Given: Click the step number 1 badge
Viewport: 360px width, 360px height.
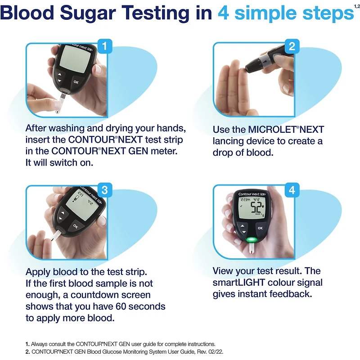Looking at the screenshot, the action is (x=105, y=46).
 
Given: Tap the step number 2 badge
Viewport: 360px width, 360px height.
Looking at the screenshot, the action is (x=292, y=46).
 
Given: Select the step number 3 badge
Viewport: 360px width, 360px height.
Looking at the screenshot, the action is (x=105, y=190).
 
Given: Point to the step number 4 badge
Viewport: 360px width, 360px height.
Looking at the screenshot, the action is (x=292, y=190).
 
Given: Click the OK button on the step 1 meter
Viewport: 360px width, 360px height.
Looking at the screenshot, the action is (x=76, y=82).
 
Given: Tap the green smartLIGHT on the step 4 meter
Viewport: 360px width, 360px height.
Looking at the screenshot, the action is (x=252, y=240).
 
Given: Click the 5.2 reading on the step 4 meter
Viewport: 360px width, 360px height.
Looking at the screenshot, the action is (x=256, y=207).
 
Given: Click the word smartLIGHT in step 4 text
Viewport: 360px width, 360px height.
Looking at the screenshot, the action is (x=239, y=283).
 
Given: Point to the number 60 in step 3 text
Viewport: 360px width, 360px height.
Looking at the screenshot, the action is (x=121, y=306).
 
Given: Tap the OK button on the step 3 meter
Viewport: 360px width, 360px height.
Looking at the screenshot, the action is (x=76, y=226).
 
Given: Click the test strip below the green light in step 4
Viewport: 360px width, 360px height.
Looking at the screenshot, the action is (x=252, y=249).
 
